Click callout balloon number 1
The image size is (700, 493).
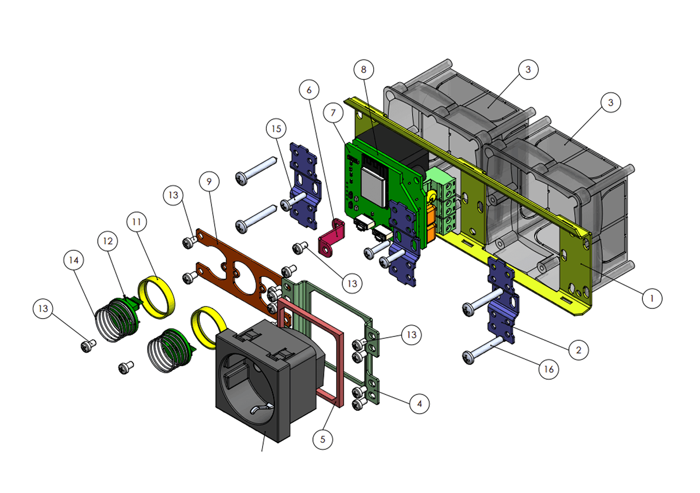point(652,299)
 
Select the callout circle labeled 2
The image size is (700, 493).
point(578,350)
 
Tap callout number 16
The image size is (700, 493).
point(549,369)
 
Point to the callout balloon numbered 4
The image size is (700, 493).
point(420,404)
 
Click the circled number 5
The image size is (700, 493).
point(323,439)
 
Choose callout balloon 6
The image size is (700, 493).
point(309,90)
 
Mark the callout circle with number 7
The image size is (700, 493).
point(333,113)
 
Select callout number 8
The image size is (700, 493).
point(364,69)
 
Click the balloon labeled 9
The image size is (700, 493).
point(209,181)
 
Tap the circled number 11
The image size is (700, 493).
point(136,222)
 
